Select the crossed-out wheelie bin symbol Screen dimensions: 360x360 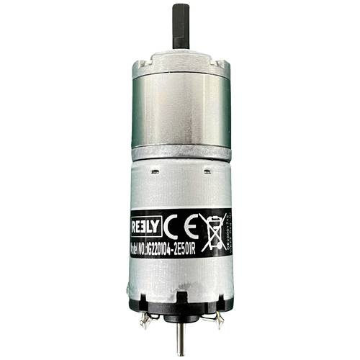click(212, 229)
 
